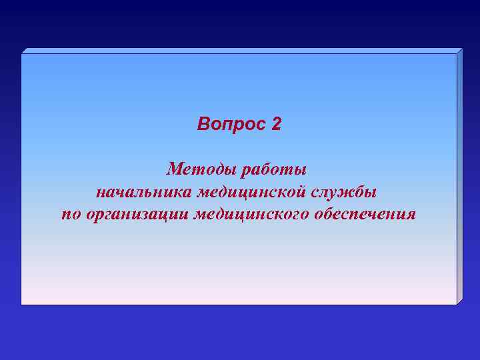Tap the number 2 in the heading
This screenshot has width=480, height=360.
[277, 125]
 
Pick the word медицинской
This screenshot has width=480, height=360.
[254, 192]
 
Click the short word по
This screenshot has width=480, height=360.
[71, 215]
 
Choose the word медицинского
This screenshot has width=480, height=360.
[255, 215]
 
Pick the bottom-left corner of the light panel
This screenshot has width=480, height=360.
[22, 304]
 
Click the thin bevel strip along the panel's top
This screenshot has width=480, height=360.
[240, 51]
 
